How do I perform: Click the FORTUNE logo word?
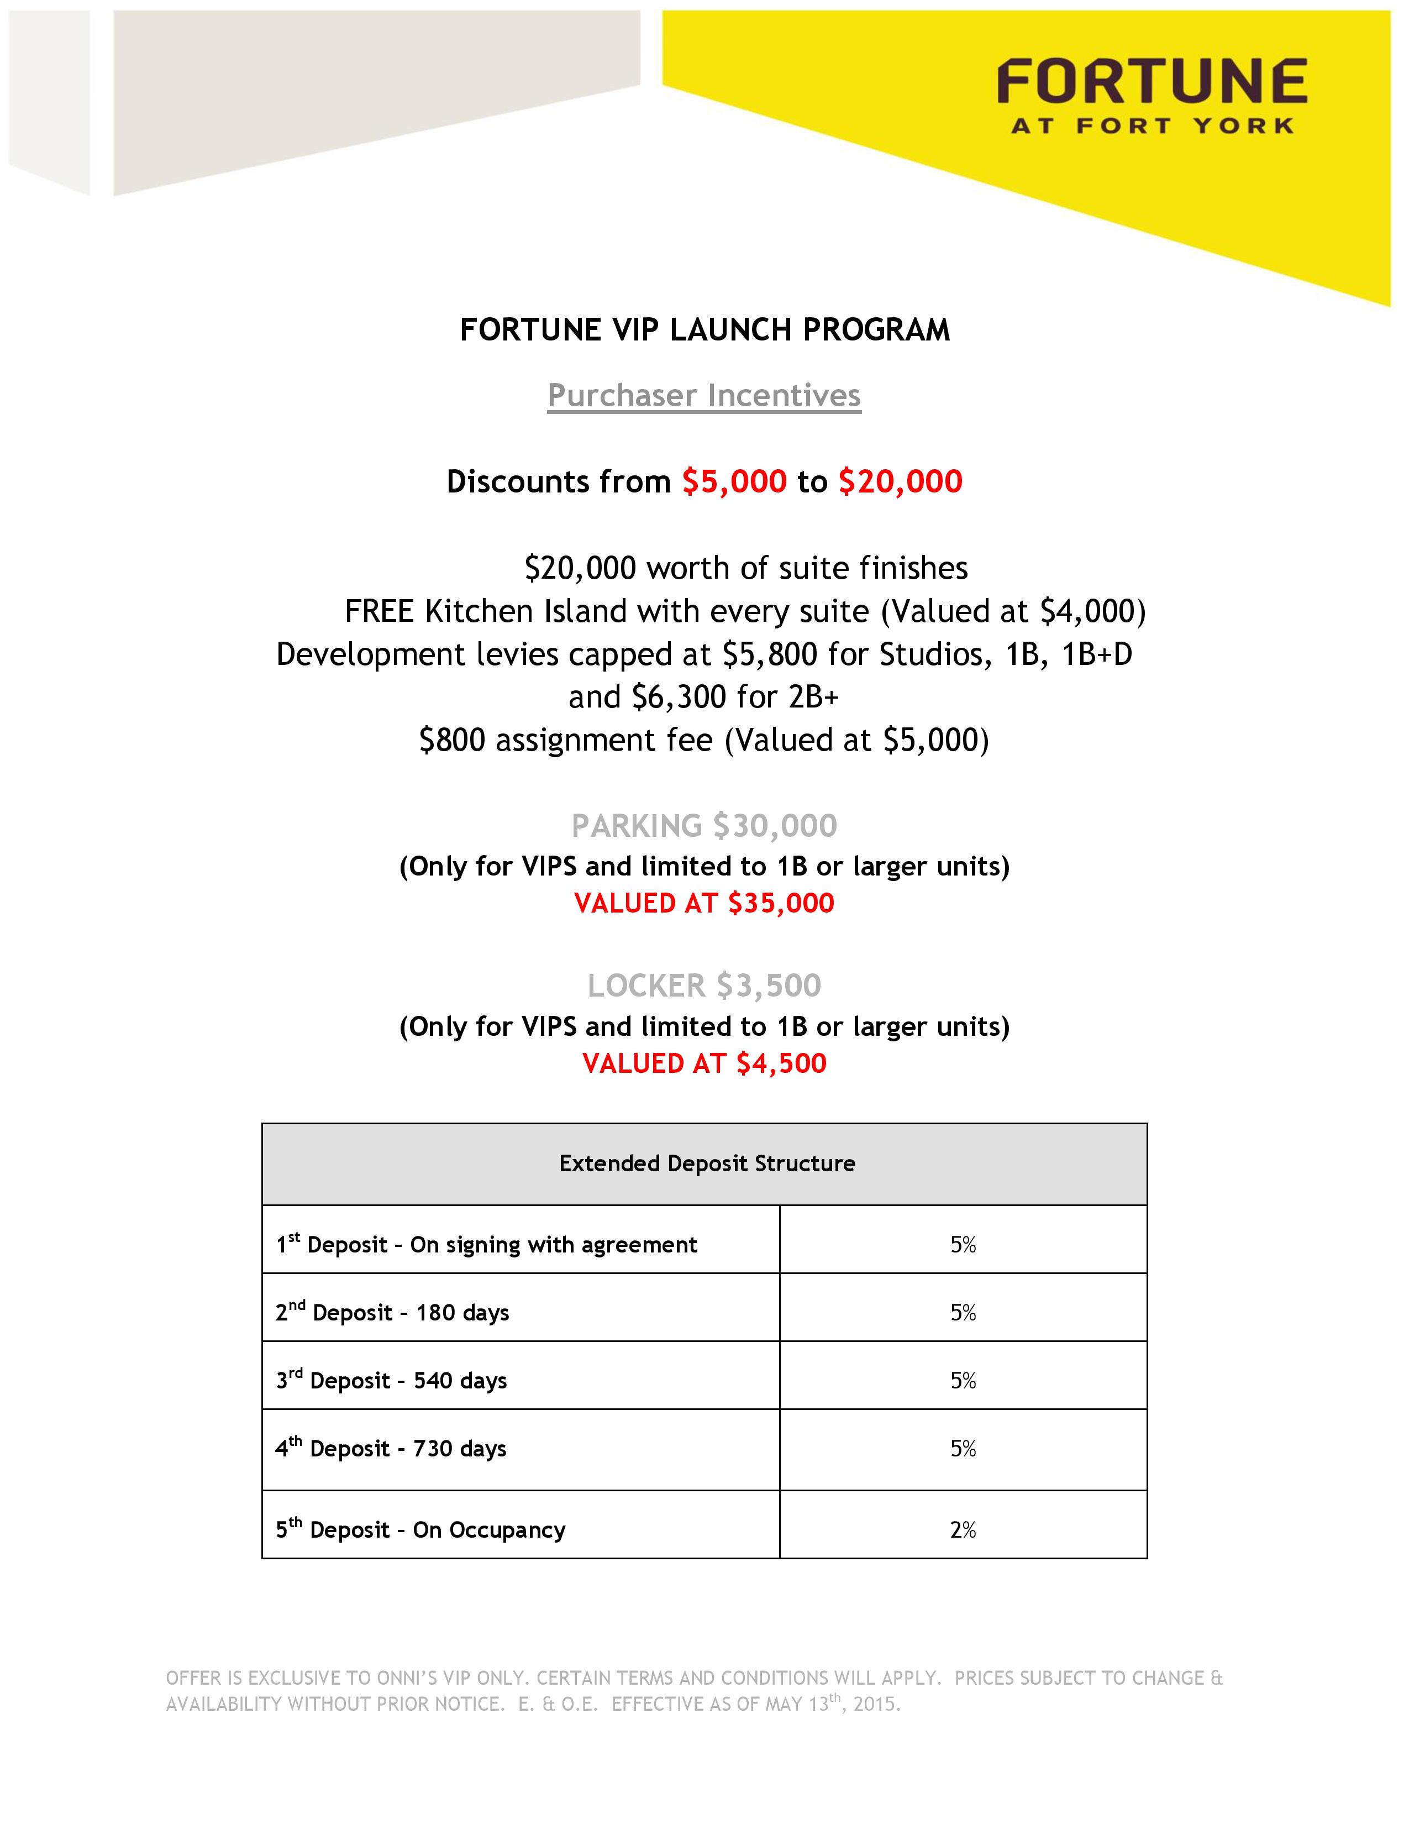tap(1152, 82)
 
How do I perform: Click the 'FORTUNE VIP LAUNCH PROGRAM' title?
tap(704, 330)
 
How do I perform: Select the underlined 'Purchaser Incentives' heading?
tap(703, 395)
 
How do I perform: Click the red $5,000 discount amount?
tap(734, 482)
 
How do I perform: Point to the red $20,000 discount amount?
tap(900, 482)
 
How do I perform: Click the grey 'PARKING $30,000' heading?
tap(703, 826)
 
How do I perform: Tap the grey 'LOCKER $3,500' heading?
tap(703, 986)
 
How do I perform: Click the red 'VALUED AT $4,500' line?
tap(703, 1063)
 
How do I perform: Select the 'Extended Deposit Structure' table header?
tap(706, 1164)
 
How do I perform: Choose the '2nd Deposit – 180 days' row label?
tap(392, 1313)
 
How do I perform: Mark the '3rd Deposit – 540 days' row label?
tap(392, 1381)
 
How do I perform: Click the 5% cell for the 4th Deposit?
tap(963, 1448)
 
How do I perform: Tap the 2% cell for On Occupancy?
tap(963, 1529)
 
